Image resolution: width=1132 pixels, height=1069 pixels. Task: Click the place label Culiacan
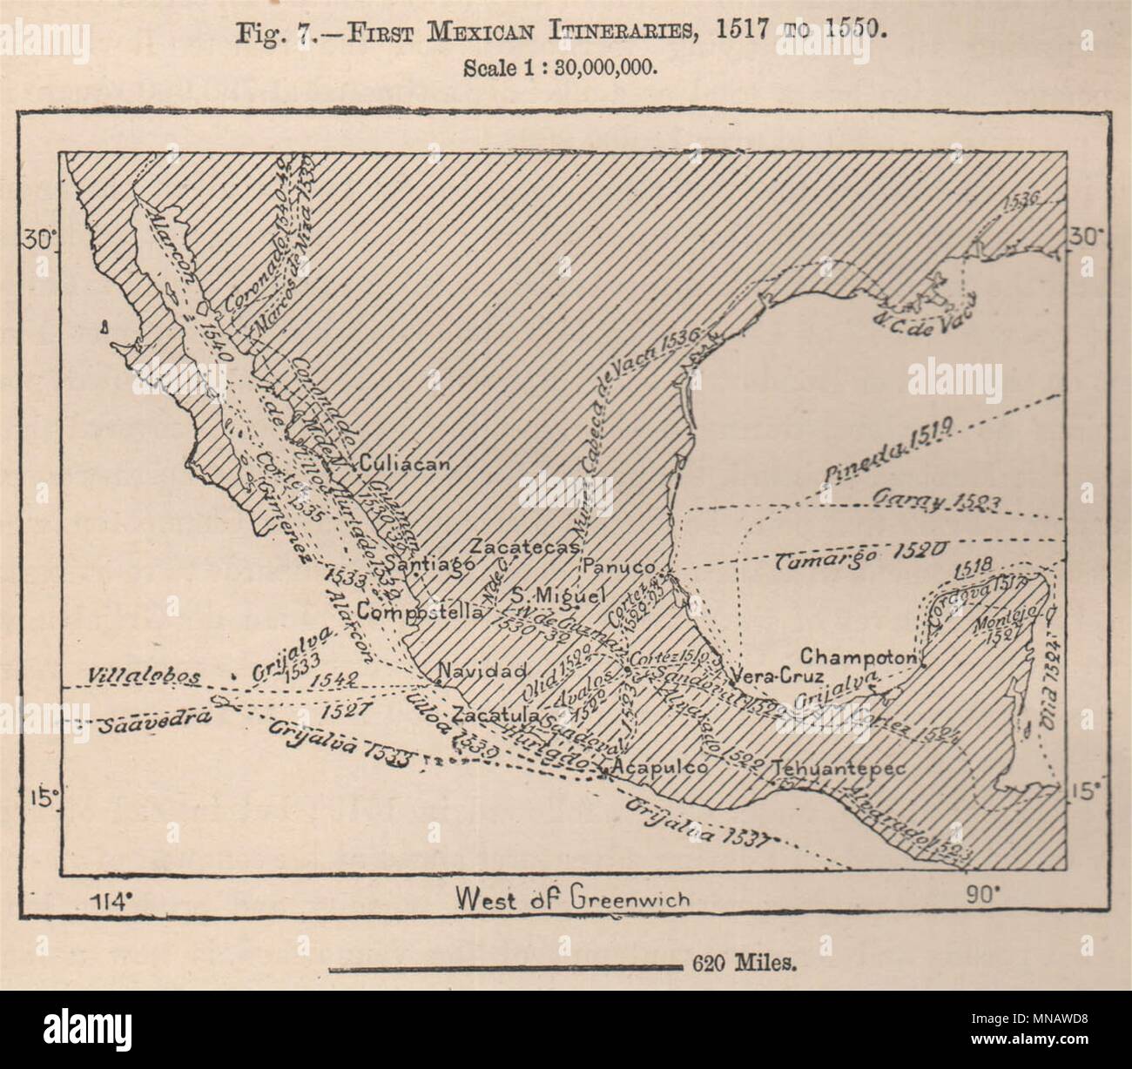coord(404,463)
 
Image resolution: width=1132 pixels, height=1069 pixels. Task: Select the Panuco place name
coord(619,567)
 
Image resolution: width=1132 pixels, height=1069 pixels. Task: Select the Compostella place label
coord(420,611)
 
